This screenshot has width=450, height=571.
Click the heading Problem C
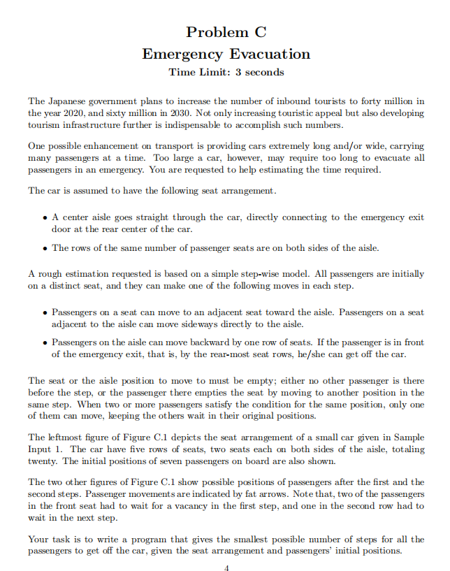(226, 32)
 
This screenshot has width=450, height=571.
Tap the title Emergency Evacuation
(226, 54)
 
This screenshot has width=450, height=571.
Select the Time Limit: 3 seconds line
(226, 72)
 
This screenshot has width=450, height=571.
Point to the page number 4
(226, 568)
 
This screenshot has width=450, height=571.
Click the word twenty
(44, 462)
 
